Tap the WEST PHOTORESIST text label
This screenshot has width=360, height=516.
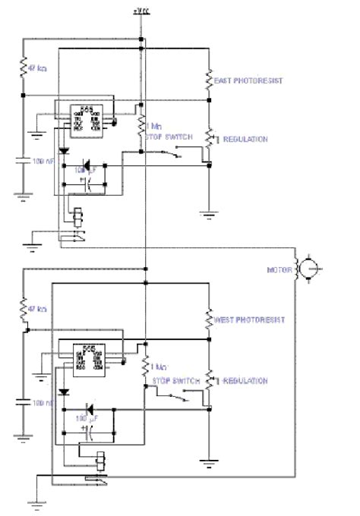click(250, 319)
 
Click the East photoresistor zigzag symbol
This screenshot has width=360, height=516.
click(208, 80)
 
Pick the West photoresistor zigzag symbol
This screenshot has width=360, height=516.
click(208, 319)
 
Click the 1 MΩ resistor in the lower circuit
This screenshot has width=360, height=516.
click(144, 366)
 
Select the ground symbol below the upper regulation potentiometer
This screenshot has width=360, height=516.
click(208, 215)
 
